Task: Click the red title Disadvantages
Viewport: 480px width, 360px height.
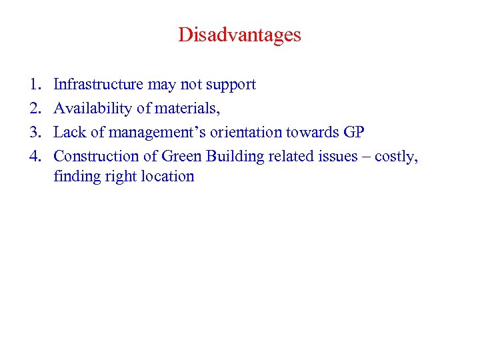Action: (239, 35)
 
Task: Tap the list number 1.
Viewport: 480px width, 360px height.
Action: (33, 85)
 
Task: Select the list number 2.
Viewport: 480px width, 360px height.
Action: (33, 108)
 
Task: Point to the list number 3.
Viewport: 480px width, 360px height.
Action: (33, 132)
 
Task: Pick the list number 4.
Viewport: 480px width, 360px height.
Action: (33, 156)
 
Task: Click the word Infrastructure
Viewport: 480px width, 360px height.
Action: (98, 85)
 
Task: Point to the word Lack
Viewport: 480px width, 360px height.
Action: (69, 132)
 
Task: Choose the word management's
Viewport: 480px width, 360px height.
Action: (143, 133)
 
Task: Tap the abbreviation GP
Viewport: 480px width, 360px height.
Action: (353, 132)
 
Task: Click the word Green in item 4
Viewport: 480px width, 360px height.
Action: (182, 156)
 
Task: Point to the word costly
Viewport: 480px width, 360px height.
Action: (397, 157)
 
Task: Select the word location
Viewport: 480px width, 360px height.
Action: (166, 177)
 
